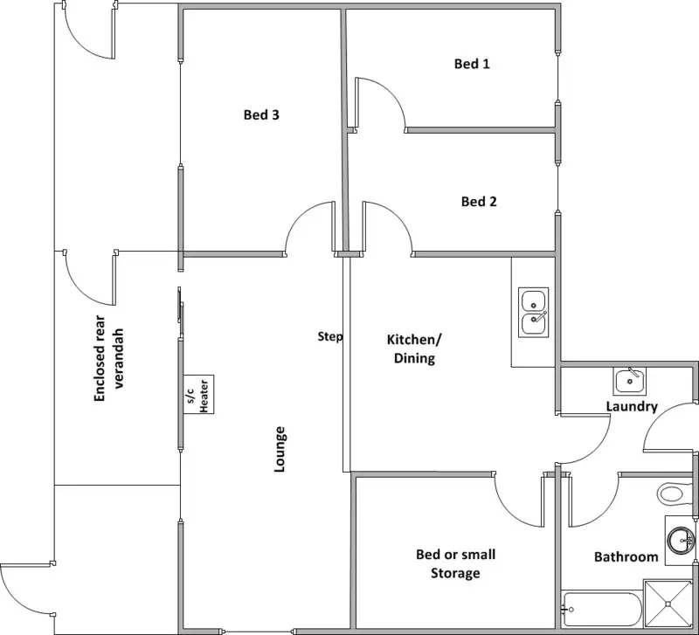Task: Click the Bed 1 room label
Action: (472, 64)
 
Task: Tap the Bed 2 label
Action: (479, 202)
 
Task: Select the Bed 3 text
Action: (261, 114)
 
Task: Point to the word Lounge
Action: (279, 449)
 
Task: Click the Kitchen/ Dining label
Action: (414, 349)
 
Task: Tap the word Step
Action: (330, 337)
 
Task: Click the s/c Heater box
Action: (198, 395)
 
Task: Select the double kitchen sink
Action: (533, 312)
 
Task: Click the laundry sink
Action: (629, 382)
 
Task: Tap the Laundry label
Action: (632, 406)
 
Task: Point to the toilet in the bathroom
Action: (675, 494)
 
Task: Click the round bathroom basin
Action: (682, 541)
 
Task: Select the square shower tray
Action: (668, 604)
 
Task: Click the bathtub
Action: (602, 609)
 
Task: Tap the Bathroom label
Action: (626, 557)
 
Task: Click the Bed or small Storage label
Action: (455, 563)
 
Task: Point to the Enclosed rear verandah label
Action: (107, 359)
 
